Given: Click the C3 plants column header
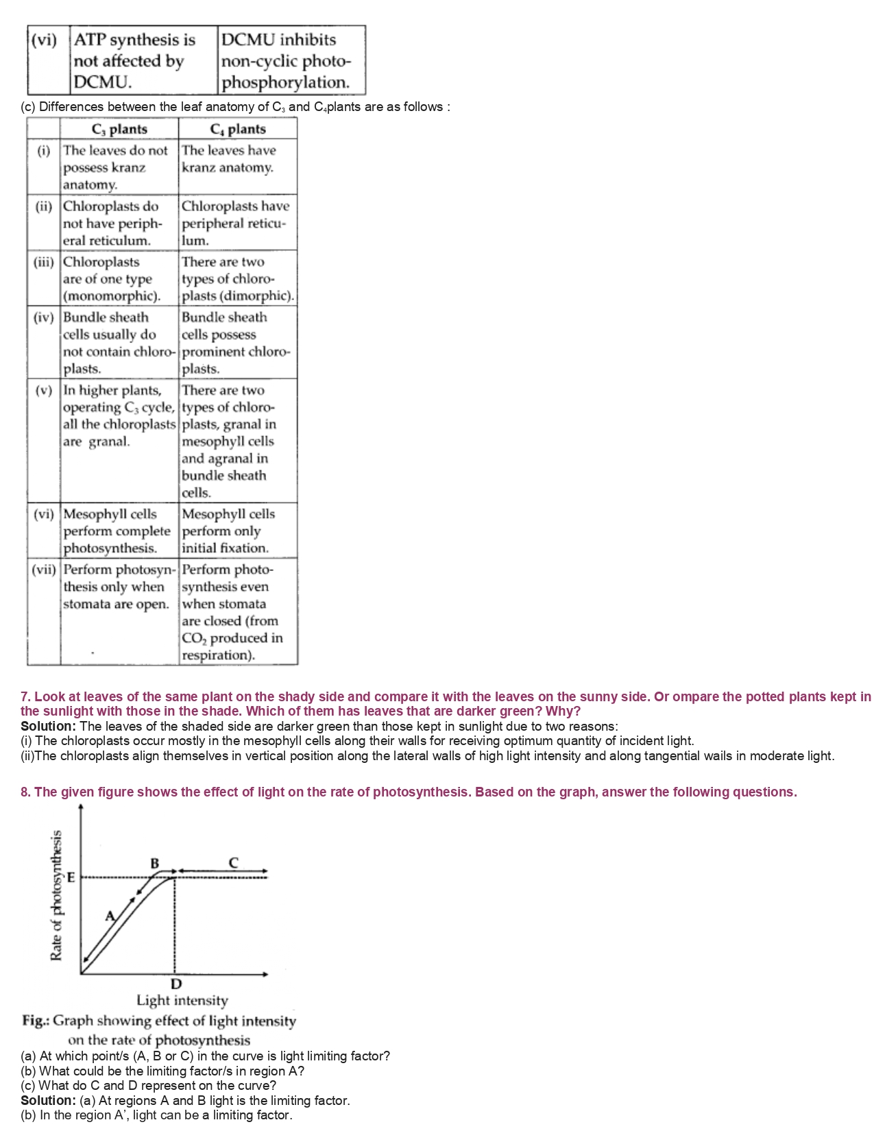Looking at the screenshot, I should click(119, 129).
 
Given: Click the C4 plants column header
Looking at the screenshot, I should click(237, 129).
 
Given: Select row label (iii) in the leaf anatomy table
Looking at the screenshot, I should click(44, 262).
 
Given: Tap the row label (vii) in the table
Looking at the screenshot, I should click(44, 570).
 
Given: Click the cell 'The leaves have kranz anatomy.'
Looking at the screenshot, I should click(229, 159).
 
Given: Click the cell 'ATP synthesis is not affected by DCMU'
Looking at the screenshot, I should click(134, 61).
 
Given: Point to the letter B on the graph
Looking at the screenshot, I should click(155, 863).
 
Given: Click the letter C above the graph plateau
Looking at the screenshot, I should click(233, 862).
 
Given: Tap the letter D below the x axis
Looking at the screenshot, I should click(176, 984).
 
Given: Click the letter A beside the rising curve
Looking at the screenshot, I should click(110, 915).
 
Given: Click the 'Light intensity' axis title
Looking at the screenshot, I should click(182, 1001).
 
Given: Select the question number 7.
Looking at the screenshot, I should click(25, 696).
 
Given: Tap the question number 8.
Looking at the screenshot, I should click(25, 792).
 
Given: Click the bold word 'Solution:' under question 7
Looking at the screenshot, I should click(48, 726).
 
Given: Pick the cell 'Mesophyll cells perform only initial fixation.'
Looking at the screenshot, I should click(228, 531).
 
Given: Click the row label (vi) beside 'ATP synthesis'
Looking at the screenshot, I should click(45, 40).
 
